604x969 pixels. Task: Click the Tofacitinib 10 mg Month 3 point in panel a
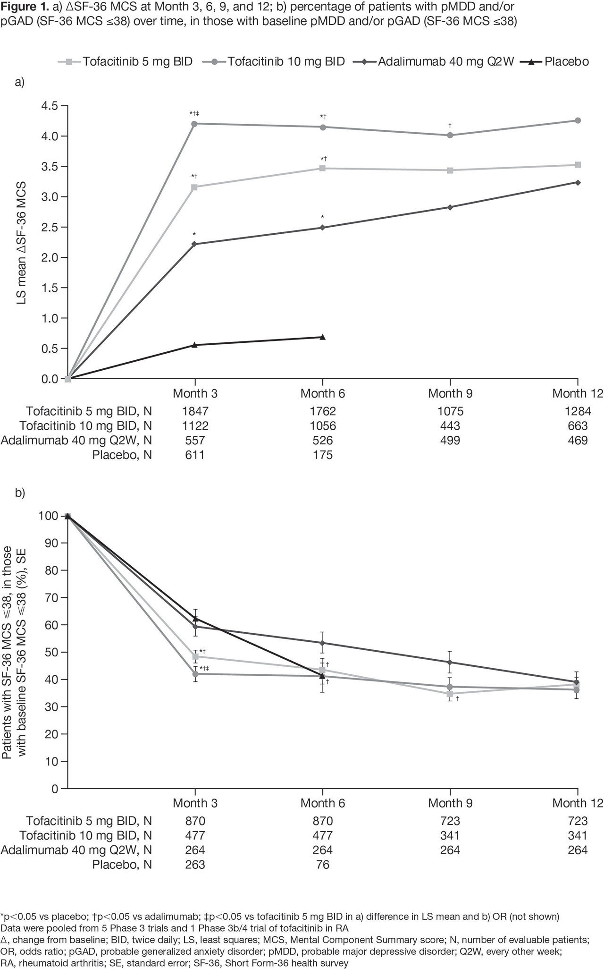[194, 124]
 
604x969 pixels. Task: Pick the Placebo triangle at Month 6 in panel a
[323, 337]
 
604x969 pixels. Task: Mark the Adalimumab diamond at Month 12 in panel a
[578, 182]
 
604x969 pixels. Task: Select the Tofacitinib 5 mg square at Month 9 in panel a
[450, 170]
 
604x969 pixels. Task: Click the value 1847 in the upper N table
[194, 411]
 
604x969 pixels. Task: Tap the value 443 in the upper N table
[450, 426]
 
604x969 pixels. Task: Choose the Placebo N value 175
[323, 455]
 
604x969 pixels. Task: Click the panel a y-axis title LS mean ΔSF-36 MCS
[22, 243]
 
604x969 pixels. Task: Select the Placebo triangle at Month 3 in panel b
[195, 618]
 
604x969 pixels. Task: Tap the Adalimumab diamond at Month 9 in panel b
[450, 662]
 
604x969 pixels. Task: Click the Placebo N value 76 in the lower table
[323, 865]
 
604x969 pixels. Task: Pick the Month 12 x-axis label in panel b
[571, 803]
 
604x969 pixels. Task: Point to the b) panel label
[20, 493]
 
